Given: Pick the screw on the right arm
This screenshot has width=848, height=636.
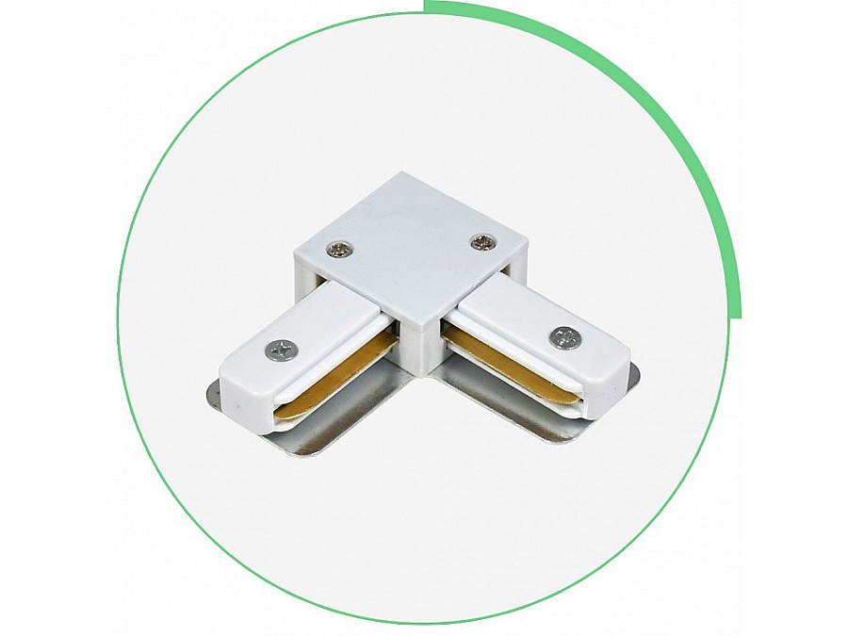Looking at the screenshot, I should [x=565, y=336].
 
